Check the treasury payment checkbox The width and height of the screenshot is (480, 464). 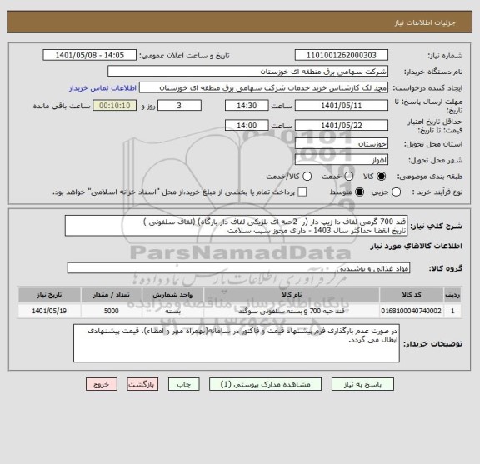[282, 192]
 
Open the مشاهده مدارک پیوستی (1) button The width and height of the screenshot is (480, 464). [265, 386]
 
